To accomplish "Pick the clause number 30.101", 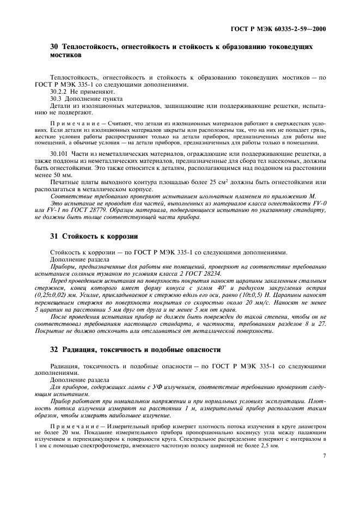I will coord(60,155).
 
